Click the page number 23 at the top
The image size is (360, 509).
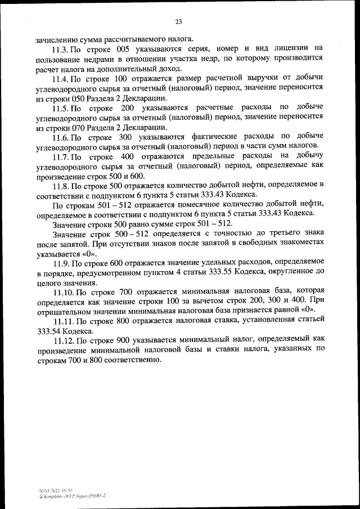[x=178, y=22]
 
